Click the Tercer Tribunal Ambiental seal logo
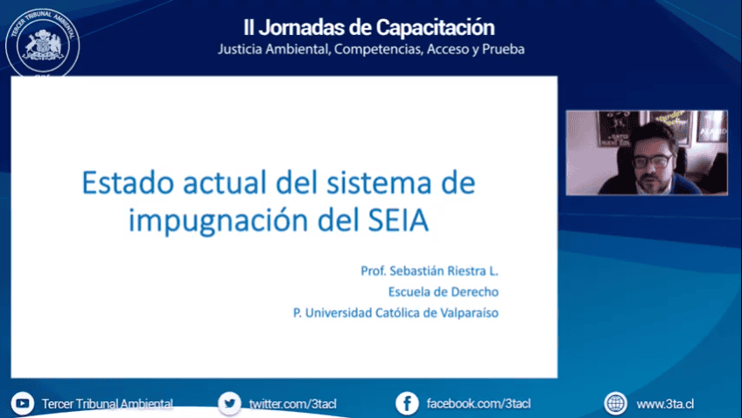(x=42, y=44)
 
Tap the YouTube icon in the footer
(x=22, y=403)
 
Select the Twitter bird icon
(x=229, y=403)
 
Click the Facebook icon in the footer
(x=407, y=403)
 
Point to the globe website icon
(x=616, y=403)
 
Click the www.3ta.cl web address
(x=665, y=404)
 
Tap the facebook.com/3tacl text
(x=479, y=404)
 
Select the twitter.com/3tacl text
(x=292, y=404)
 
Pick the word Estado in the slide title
(x=129, y=182)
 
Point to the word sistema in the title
(x=379, y=183)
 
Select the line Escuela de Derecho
(x=444, y=292)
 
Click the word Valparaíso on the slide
(x=469, y=313)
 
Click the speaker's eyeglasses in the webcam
(x=653, y=160)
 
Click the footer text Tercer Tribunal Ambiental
(x=108, y=404)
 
